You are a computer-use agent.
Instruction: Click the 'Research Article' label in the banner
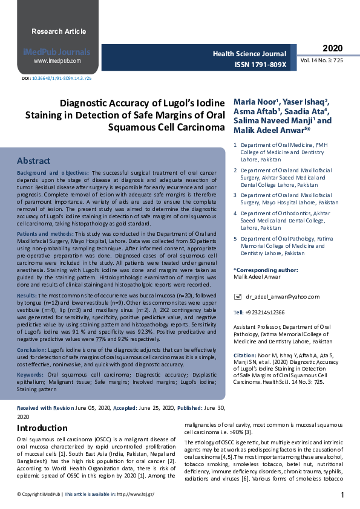(x=59, y=31)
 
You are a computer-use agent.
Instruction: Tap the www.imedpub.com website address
(x=57, y=61)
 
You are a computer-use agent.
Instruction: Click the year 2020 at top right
(x=332, y=48)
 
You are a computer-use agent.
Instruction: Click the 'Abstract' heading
(x=33, y=161)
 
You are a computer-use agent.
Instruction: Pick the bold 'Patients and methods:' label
(x=45, y=233)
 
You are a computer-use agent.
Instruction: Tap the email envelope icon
(x=237, y=297)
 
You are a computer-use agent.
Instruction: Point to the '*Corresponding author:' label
(x=266, y=270)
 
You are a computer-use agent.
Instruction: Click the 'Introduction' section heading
(x=42, y=428)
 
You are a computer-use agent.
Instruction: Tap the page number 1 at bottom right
(x=342, y=496)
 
